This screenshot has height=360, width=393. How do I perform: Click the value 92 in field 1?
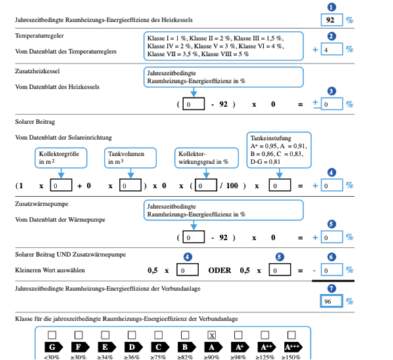point(330,20)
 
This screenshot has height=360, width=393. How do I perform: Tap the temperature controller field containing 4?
point(332,49)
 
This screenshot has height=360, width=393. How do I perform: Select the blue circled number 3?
point(332,91)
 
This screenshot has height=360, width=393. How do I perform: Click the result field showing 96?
point(332,301)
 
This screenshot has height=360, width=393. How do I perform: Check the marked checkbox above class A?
point(212,335)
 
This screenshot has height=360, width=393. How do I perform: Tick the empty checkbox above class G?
point(52,335)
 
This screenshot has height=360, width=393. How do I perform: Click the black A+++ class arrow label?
point(293,348)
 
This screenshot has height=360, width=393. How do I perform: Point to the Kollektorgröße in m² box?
point(61,158)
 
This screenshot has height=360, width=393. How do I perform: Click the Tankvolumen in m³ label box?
point(130,158)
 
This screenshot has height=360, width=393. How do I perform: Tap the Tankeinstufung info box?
point(279,150)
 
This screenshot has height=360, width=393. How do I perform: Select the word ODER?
point(220,271)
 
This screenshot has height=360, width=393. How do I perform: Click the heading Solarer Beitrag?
point(35,122)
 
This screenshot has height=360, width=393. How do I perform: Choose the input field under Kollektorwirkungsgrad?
point(206,185)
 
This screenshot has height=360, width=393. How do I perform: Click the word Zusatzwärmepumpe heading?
point(41,204)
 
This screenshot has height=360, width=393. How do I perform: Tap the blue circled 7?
point(332,288)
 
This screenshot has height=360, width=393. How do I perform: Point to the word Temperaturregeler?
point(39,36)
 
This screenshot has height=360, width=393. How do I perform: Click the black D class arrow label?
point(133,348)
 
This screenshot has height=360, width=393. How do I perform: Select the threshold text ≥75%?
point(158,357)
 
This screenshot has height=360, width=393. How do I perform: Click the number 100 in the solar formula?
point(232,186)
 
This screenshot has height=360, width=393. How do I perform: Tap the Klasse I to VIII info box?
point(223,46)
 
